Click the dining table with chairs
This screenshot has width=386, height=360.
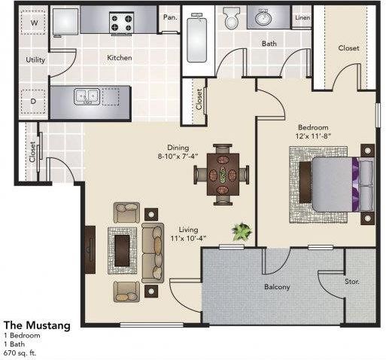pyautogui.click(x=223, y=175)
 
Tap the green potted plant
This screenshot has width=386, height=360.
pyautogui.click(x=242, y=230)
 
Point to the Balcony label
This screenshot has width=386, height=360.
pyautogui.click(x=276, y=287)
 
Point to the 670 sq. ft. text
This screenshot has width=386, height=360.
pyautogui.click(x=22, y=352)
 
